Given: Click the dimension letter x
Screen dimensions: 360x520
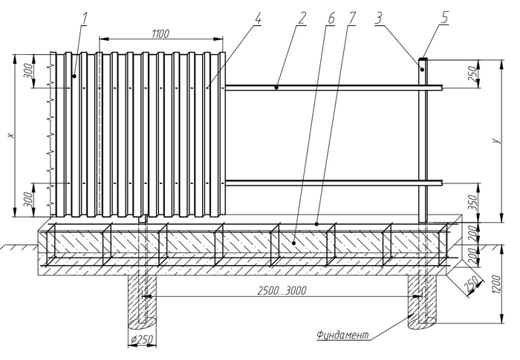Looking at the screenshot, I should [x=9, y=136].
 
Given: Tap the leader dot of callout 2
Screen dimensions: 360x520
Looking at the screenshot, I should [x=276, y=88].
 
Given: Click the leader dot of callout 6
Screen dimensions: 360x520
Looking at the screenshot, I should [x=293, y=241].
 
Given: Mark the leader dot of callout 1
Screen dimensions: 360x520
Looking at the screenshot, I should [x=74, y=76].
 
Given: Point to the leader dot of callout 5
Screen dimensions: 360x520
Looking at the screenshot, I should [x=423, y=68].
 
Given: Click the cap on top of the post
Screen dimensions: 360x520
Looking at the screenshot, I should [x=423, y=60].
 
